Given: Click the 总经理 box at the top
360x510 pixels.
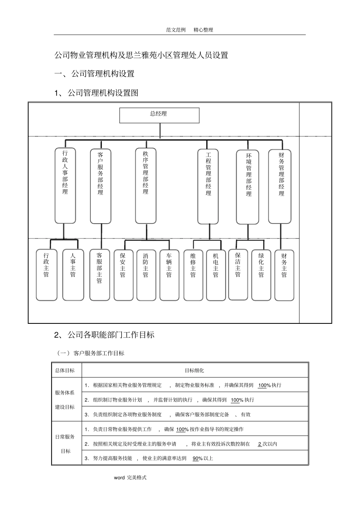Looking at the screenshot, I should click(x=159, y=115).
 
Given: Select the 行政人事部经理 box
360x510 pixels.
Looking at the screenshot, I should click(x=65, y=185).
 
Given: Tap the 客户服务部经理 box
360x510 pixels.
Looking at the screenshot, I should click(x=100, y=186).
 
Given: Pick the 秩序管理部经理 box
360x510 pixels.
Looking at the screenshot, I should click(x=146, y=185).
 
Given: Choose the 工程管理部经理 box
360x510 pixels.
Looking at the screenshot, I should click(x=208, y=186).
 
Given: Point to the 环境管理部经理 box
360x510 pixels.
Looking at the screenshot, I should click(x=248, y=187).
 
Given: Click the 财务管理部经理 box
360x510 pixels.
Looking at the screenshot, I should click(x=280, y=186).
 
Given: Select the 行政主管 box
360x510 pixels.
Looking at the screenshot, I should click(x=46, y=275).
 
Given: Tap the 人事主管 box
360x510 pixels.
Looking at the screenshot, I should click(x=73, y=275).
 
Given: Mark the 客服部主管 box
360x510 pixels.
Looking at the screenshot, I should click(x=99, y=275).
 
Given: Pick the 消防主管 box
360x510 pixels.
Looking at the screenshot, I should click(x=146, y=275).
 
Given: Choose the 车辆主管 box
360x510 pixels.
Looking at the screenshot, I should click(x=169, y=275).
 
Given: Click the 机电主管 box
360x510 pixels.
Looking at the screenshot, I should click(x=216, y=275).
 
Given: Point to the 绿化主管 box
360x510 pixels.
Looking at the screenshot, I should click(x=261, y=275).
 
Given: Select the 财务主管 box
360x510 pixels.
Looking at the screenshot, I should click(x=284, y=275).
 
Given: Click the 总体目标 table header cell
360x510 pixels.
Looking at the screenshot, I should click(x=65, y=370).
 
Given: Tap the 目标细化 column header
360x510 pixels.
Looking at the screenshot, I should click(x=194, y=370).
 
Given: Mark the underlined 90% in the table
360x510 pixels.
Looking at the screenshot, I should click(x=197, y=458).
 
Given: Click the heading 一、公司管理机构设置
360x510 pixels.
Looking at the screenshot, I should click(x=94, y=74).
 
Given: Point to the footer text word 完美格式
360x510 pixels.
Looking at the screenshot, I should click(x=130, y=478).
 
